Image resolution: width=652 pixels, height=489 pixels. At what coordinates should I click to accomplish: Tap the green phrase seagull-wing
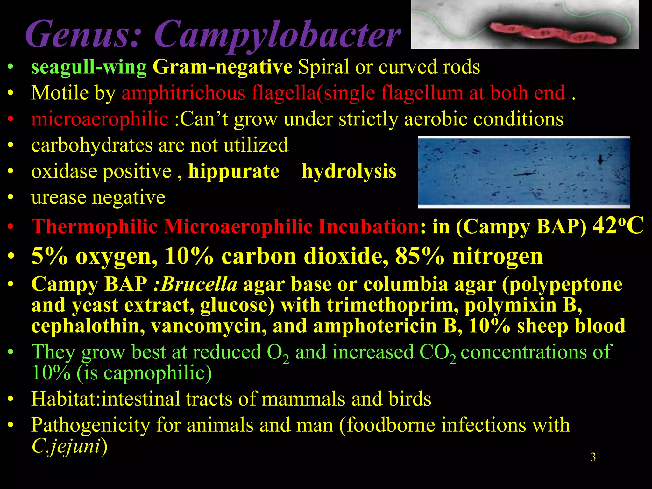click(x=89, y=67)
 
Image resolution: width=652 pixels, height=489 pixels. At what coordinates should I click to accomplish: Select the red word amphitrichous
click(x=183, y=93)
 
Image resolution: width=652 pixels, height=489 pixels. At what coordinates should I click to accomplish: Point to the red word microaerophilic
click(x=100, y=119)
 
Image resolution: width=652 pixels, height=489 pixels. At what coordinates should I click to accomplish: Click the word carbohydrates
click(x=92, y=145)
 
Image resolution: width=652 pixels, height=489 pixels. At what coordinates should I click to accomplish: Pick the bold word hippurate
click(x=234, y=172)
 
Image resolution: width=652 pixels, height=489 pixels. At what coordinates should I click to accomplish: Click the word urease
click(x=58, y=198)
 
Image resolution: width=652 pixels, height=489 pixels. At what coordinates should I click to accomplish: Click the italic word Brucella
click(x=199, y=284)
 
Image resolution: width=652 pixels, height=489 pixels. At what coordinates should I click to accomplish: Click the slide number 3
click(x=593, y=457)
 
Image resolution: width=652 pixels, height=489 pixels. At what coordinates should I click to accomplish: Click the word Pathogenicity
click(x=90, y=425)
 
